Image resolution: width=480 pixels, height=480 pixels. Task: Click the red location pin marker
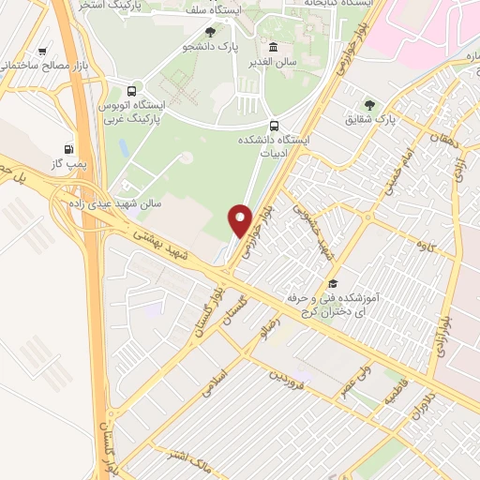click(x=241, y=219)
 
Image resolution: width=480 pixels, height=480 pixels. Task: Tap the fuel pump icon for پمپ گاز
click(x=68, y=148)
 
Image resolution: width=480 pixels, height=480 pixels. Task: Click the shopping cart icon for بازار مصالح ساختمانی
click(x=42, y=52)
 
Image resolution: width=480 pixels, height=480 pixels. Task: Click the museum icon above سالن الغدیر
click(x=273, y=48)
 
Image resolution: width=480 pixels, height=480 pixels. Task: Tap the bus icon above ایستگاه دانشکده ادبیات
click(x=273, y=126)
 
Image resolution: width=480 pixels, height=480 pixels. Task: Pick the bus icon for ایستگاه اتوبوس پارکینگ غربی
click(x=130, y=93)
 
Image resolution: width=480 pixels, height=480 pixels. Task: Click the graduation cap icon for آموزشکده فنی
click(x=332, y=282)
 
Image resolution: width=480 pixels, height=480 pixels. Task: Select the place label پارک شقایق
click(x=369, y=120)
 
